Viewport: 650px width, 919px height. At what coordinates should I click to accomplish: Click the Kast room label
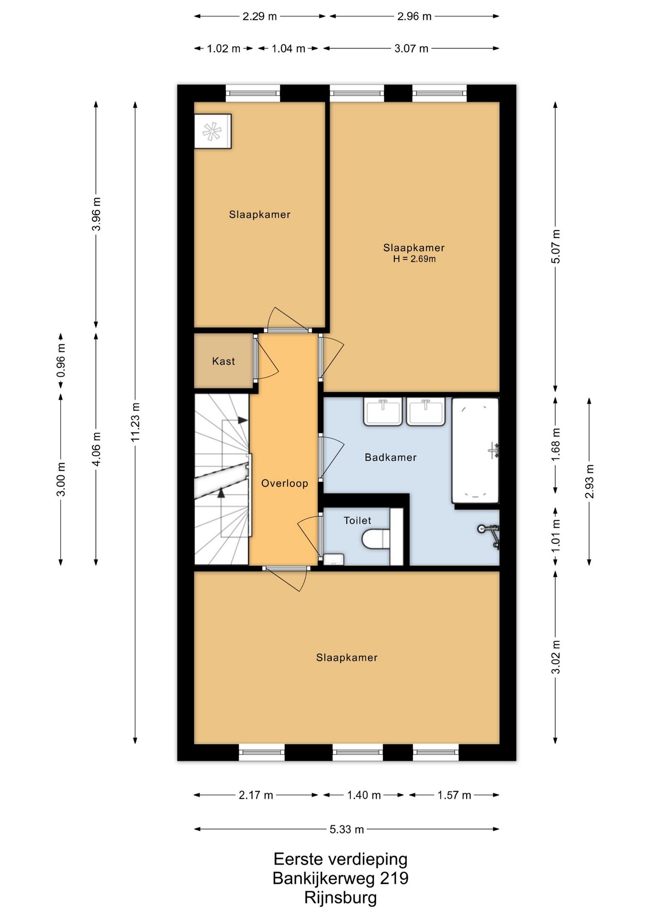pos(224,361)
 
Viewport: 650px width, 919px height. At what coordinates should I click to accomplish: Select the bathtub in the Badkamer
pos(475,450)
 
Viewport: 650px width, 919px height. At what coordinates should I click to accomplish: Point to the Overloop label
pos(285,483)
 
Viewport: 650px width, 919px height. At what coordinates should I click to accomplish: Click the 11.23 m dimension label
pos(135,422)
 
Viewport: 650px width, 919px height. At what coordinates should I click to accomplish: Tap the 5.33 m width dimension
pos(347,829)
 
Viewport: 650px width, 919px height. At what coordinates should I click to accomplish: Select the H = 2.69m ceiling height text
pos(415,259)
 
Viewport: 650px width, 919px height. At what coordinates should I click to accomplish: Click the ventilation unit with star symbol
pos(213,131)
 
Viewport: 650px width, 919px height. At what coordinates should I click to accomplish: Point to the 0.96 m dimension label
pos(61,360)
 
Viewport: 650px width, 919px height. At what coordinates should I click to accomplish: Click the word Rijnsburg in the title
pos(340,897)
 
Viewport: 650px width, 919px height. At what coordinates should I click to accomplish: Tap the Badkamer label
pos(391,458)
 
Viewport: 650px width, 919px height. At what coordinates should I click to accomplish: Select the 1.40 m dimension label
pos(364,796)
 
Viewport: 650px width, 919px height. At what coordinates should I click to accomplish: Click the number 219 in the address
pos(394,878)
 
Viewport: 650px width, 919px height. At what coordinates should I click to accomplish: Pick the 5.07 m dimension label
pos(556,247)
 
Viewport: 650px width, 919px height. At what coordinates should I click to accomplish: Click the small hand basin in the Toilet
pos(334,559)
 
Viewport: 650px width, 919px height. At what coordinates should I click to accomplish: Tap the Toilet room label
pos(358,520)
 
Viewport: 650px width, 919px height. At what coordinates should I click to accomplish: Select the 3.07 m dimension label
pos(411,48)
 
